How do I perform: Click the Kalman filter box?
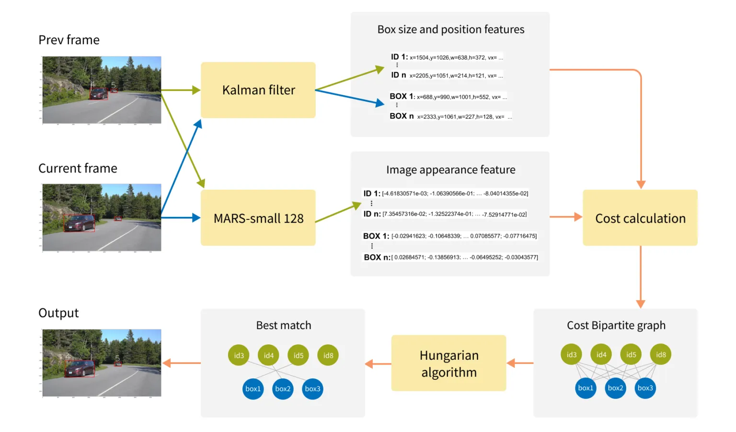tap(258, 90)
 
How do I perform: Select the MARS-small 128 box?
tap(258, 218)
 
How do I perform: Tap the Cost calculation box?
tap(640, 218)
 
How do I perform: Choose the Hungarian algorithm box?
tap(448, 364)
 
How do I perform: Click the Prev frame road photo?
tap(102, 90)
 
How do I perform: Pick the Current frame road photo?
tap(102, 217)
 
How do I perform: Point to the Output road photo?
tap(102, 363)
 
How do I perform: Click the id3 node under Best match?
tap(239, 355)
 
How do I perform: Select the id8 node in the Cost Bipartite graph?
tap(661, 354)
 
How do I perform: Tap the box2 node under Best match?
tap(283, 388)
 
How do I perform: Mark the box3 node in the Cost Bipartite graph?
tap(645, 388)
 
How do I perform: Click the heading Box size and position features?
tap(450, 30)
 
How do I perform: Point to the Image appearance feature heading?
tap(450, 170)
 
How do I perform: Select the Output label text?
tap(58, 313)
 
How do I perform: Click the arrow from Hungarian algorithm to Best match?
tap(378, 364)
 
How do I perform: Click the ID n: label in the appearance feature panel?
tap(372, 214)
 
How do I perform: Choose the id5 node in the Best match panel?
tap(298, 355)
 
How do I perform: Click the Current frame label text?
tap(78, 169)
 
